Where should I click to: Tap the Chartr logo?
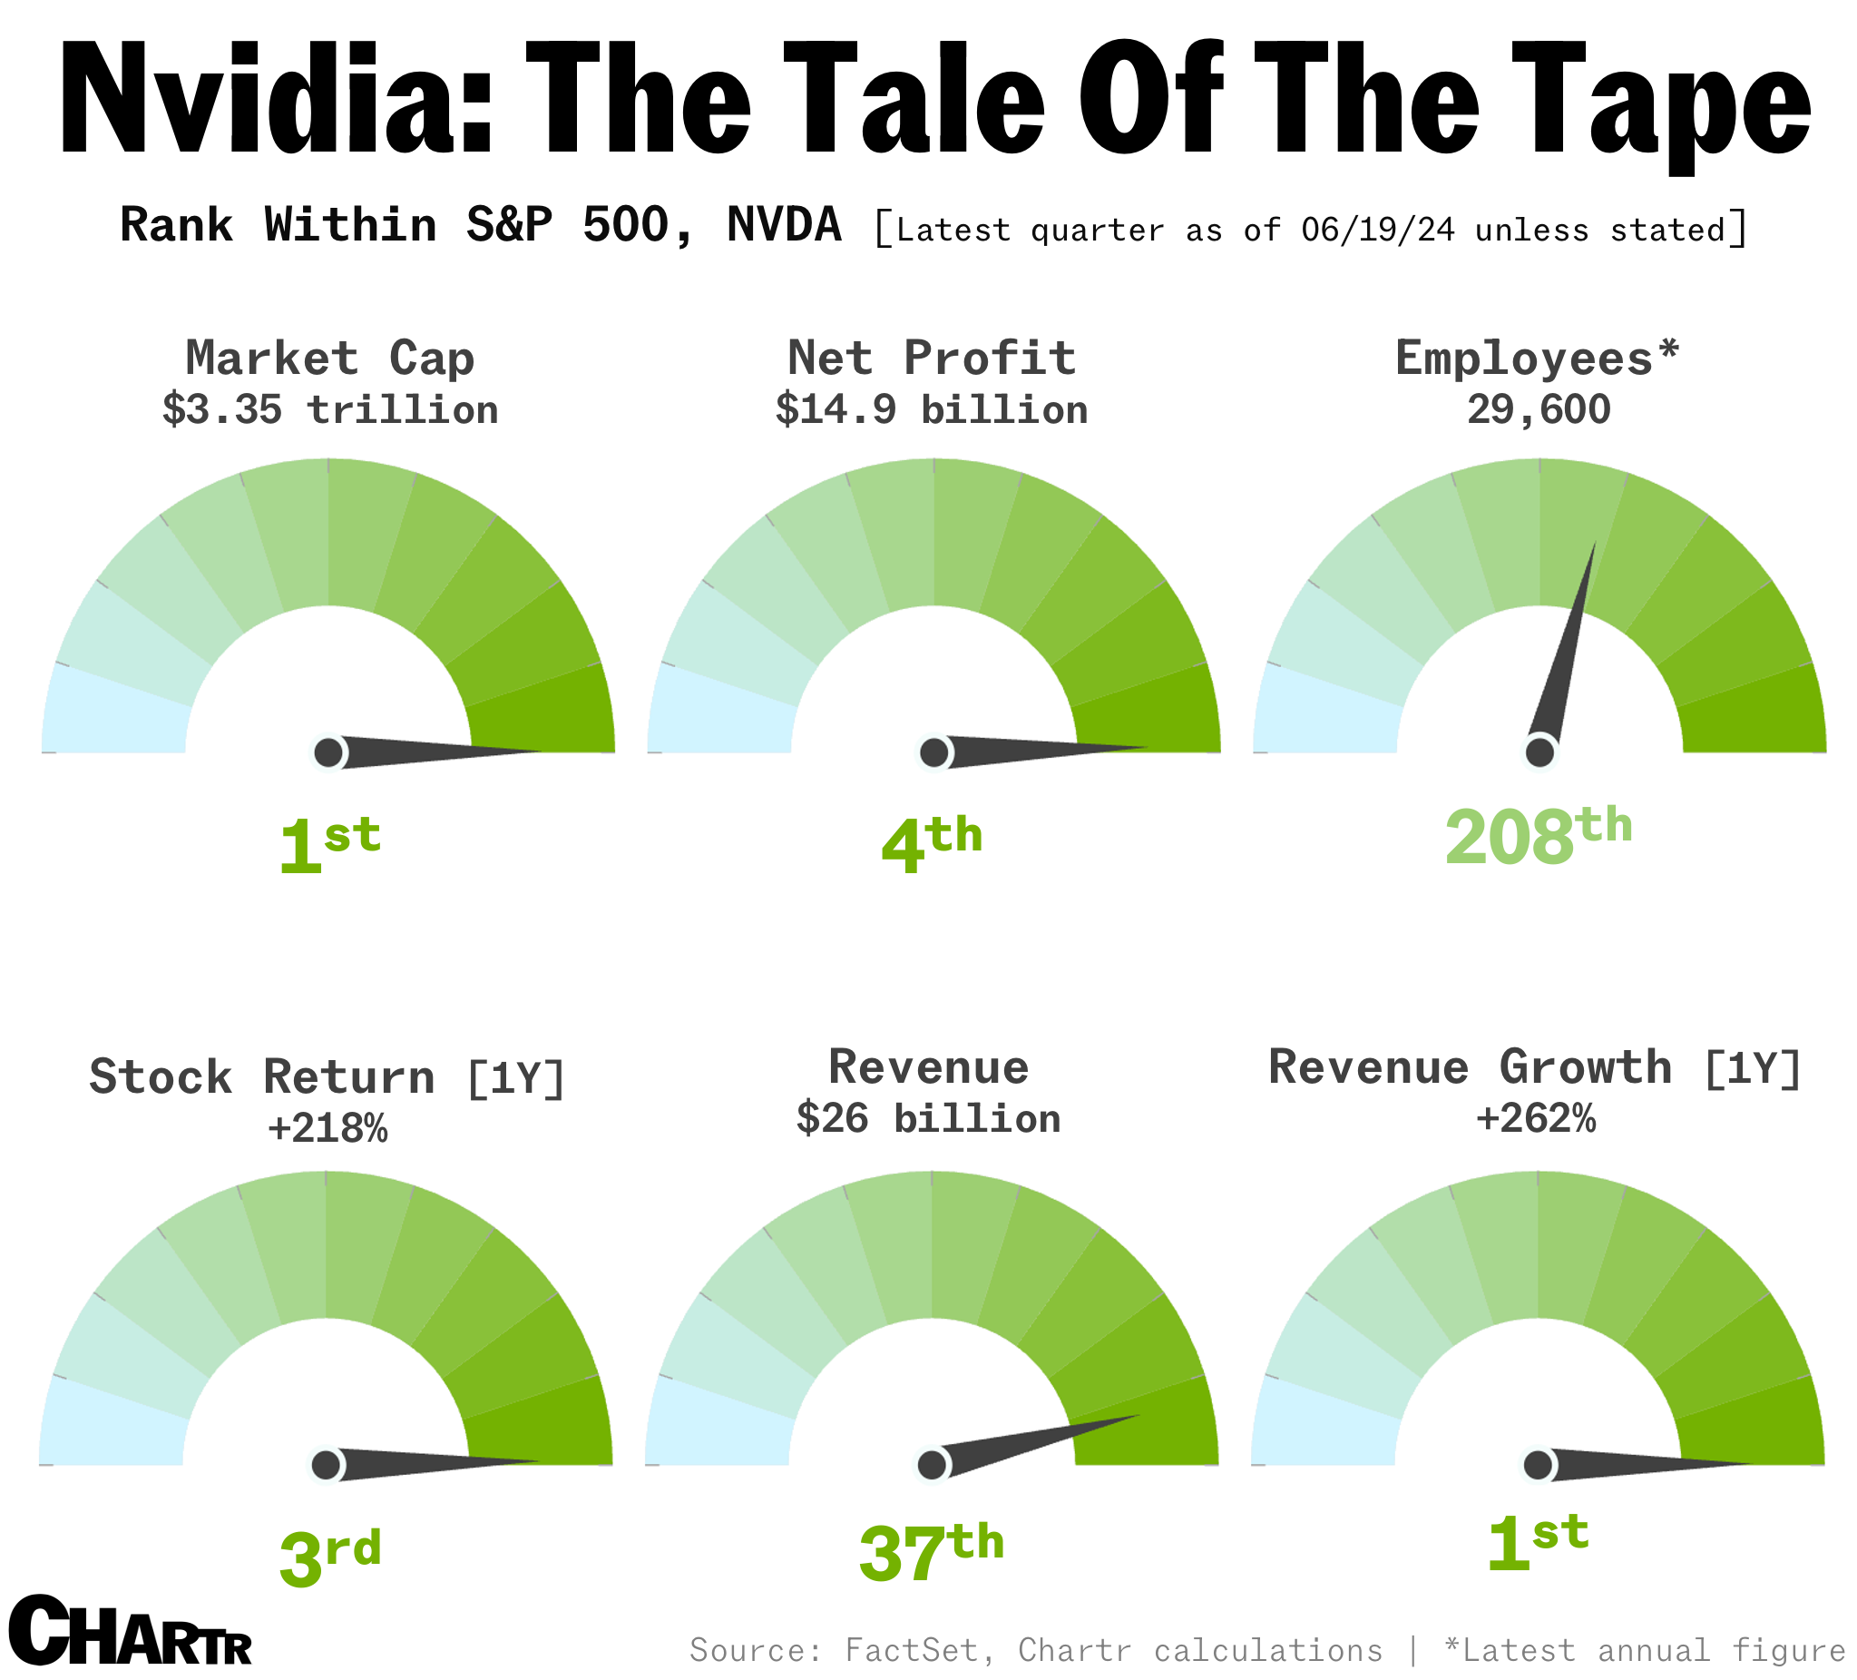tap(130, 1630)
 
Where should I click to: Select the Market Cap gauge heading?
tap(330, 358)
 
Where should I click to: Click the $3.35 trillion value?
tap(330, 410)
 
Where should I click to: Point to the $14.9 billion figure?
tap(932, 410)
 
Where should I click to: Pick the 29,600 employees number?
tap(1539, 410)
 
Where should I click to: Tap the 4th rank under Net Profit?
tap(932, 843)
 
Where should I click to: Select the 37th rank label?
tap(932, 1553)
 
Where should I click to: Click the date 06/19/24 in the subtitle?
tap(1378, 230)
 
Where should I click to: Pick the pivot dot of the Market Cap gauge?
tap(327, 753)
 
